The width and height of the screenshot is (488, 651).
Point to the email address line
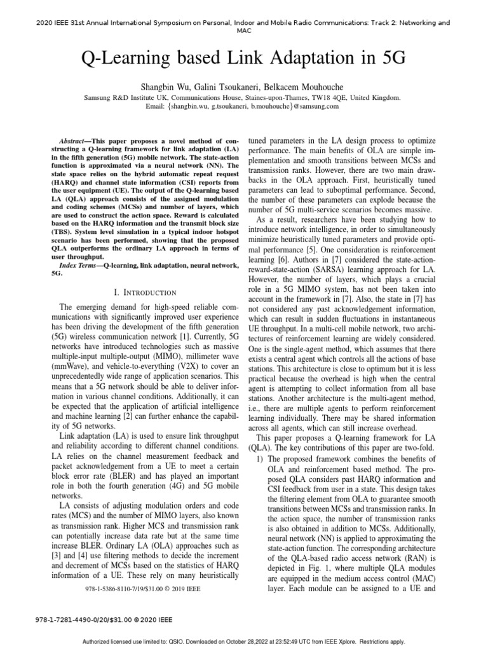(243, 107)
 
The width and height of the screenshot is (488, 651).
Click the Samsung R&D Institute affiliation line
(243, 98)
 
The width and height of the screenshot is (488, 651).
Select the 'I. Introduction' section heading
(144, 292)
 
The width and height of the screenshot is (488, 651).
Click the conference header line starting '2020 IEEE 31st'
(244, 22)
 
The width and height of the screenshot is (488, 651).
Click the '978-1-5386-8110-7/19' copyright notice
(142, 589)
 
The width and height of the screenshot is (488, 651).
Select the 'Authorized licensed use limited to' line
(244, 642)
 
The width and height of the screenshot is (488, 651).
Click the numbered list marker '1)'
(260, 459)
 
